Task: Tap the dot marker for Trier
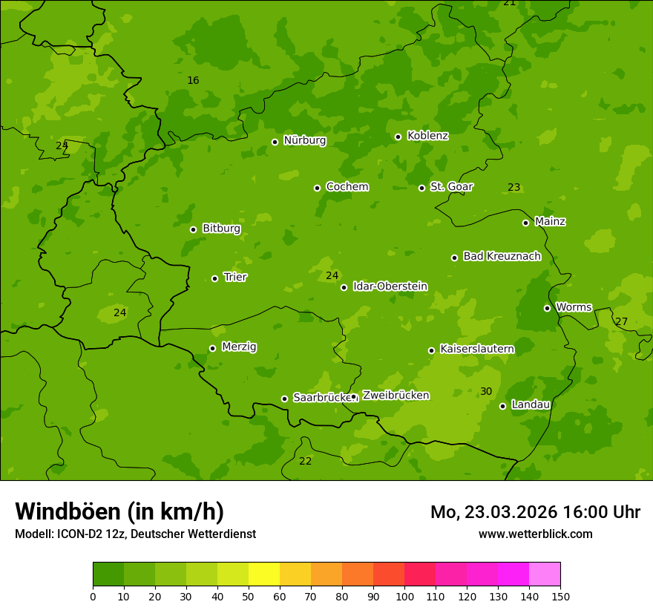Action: pyautogui.click(x=215, y=278)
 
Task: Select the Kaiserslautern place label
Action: pyautogui.click(x=477, y=349)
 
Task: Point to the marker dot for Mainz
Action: pyautogui.click(x=525, y=223)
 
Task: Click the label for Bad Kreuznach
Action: pyautogui.click(x=502, y=256)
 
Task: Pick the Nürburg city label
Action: pyautogui.click(x=304, y=140)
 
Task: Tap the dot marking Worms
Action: pyautogui.click(x=547, y=308)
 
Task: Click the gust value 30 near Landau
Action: pyautogui.click(x=486, y=391)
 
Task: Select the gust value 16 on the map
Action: pyautogui.click(x=193, y=80)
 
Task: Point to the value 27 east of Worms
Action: pyautogui.click(x=622, y=321)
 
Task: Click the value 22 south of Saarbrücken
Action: pyautogui.click(x=305, y=461)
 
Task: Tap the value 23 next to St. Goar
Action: pyautogui.click(x=514, y=187)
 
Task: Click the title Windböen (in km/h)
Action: pyautogui.click(x=119, y=511)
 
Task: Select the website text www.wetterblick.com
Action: pyautogui.click(x=535, y=534)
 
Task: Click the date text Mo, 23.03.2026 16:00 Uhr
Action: pyautogui.click(x=535, y=512)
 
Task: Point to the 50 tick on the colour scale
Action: pyautogui.click(x=249, y=596)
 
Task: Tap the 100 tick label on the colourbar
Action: pyautogui.click(x=404, y=596)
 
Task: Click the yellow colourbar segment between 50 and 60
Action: pyautogui.click(x=264, y=574)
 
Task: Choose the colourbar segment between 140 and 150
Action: pyautogui.click(x=545, y=574)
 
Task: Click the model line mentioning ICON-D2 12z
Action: pyautogui.click(x=135, y=534)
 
